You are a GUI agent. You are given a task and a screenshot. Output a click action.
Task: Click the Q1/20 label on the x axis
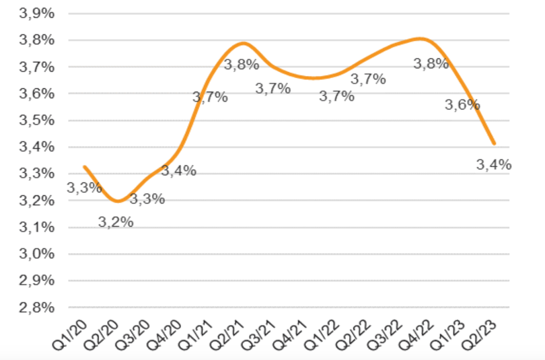click(x=73, y=334)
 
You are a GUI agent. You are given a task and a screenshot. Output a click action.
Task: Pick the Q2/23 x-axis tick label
click(x=483, y=334)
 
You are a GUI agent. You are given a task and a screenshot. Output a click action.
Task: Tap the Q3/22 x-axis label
click(x=388, y=334)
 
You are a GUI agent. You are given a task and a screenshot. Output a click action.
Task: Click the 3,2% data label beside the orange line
click(x=116, y=222)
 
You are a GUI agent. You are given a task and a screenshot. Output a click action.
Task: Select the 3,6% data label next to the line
click(x=462, y=105)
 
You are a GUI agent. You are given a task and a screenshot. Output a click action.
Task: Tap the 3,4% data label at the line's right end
click(x=494, y=164)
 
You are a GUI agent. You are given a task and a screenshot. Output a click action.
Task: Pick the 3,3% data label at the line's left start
click(x=84, y=188)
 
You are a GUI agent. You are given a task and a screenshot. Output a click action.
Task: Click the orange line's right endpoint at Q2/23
click(x=495, y=143)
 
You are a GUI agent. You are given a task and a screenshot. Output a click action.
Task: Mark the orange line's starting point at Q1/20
click(x=84, y=166)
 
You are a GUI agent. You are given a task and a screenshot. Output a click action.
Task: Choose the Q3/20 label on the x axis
click(x=136, y=334)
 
